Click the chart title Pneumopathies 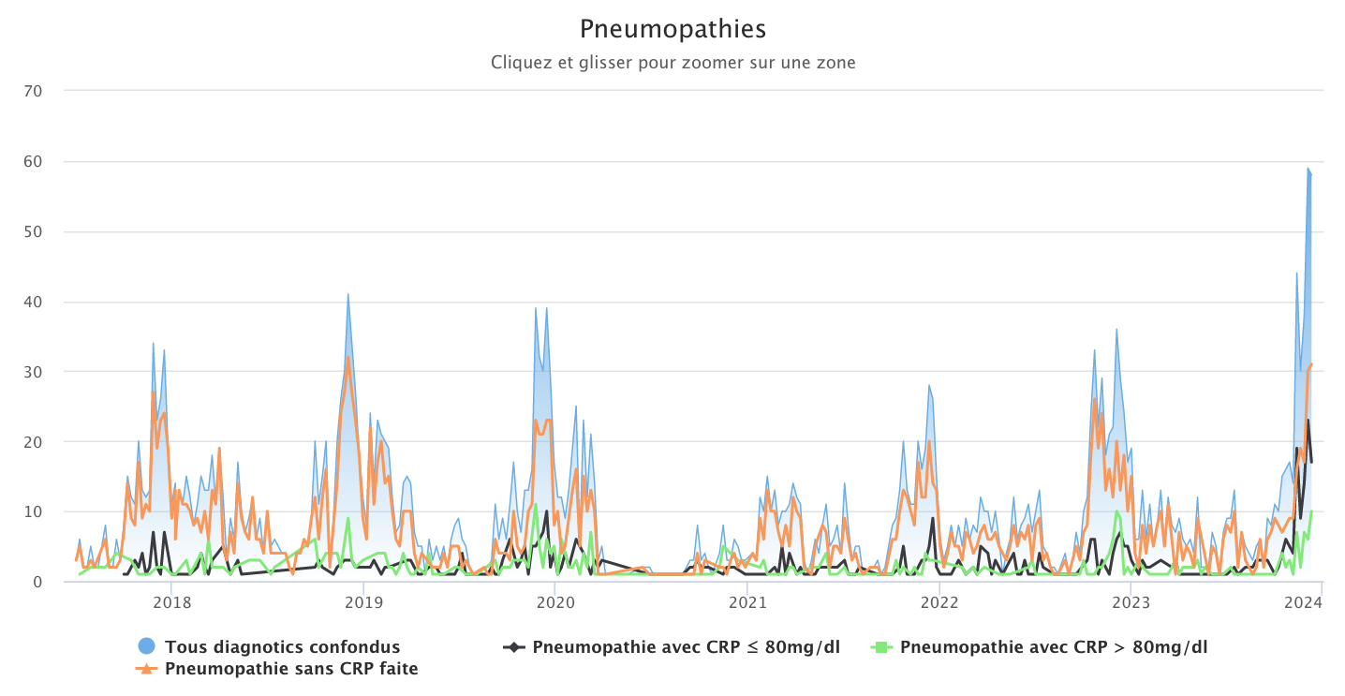672,29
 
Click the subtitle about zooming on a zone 672,63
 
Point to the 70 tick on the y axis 47,91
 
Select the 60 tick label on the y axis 47,161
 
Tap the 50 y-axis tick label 47,231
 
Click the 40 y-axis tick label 47,302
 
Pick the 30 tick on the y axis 47,372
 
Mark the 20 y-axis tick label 47,441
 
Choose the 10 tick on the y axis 47,511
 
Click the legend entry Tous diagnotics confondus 282,646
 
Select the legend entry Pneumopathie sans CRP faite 291,669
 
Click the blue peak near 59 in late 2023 1308,169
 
